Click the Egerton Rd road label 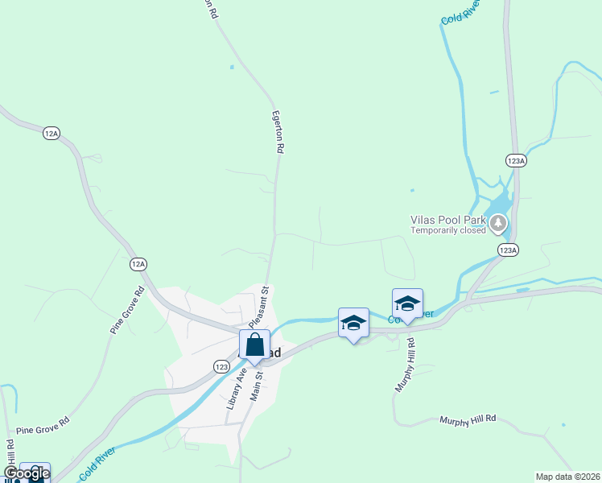pyautogui.click(x=279, y=132)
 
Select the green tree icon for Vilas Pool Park pyautogui.click(x=500, y=223)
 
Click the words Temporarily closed pyautogui.click(x=448, y=229)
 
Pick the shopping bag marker pyautogui.click(x=254, y=345)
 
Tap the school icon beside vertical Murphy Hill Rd pyautogui.click(x=407, y=303)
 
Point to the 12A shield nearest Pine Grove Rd pyautogui.click(x=138, y=263)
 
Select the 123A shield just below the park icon pyautogui.click(x=508, y=250)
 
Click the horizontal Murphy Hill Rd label pyautogui.click(x=468, y=419)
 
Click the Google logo pyautogui.click(x=27, y=473)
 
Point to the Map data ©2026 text pyautogui.click(x=567, y=476)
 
